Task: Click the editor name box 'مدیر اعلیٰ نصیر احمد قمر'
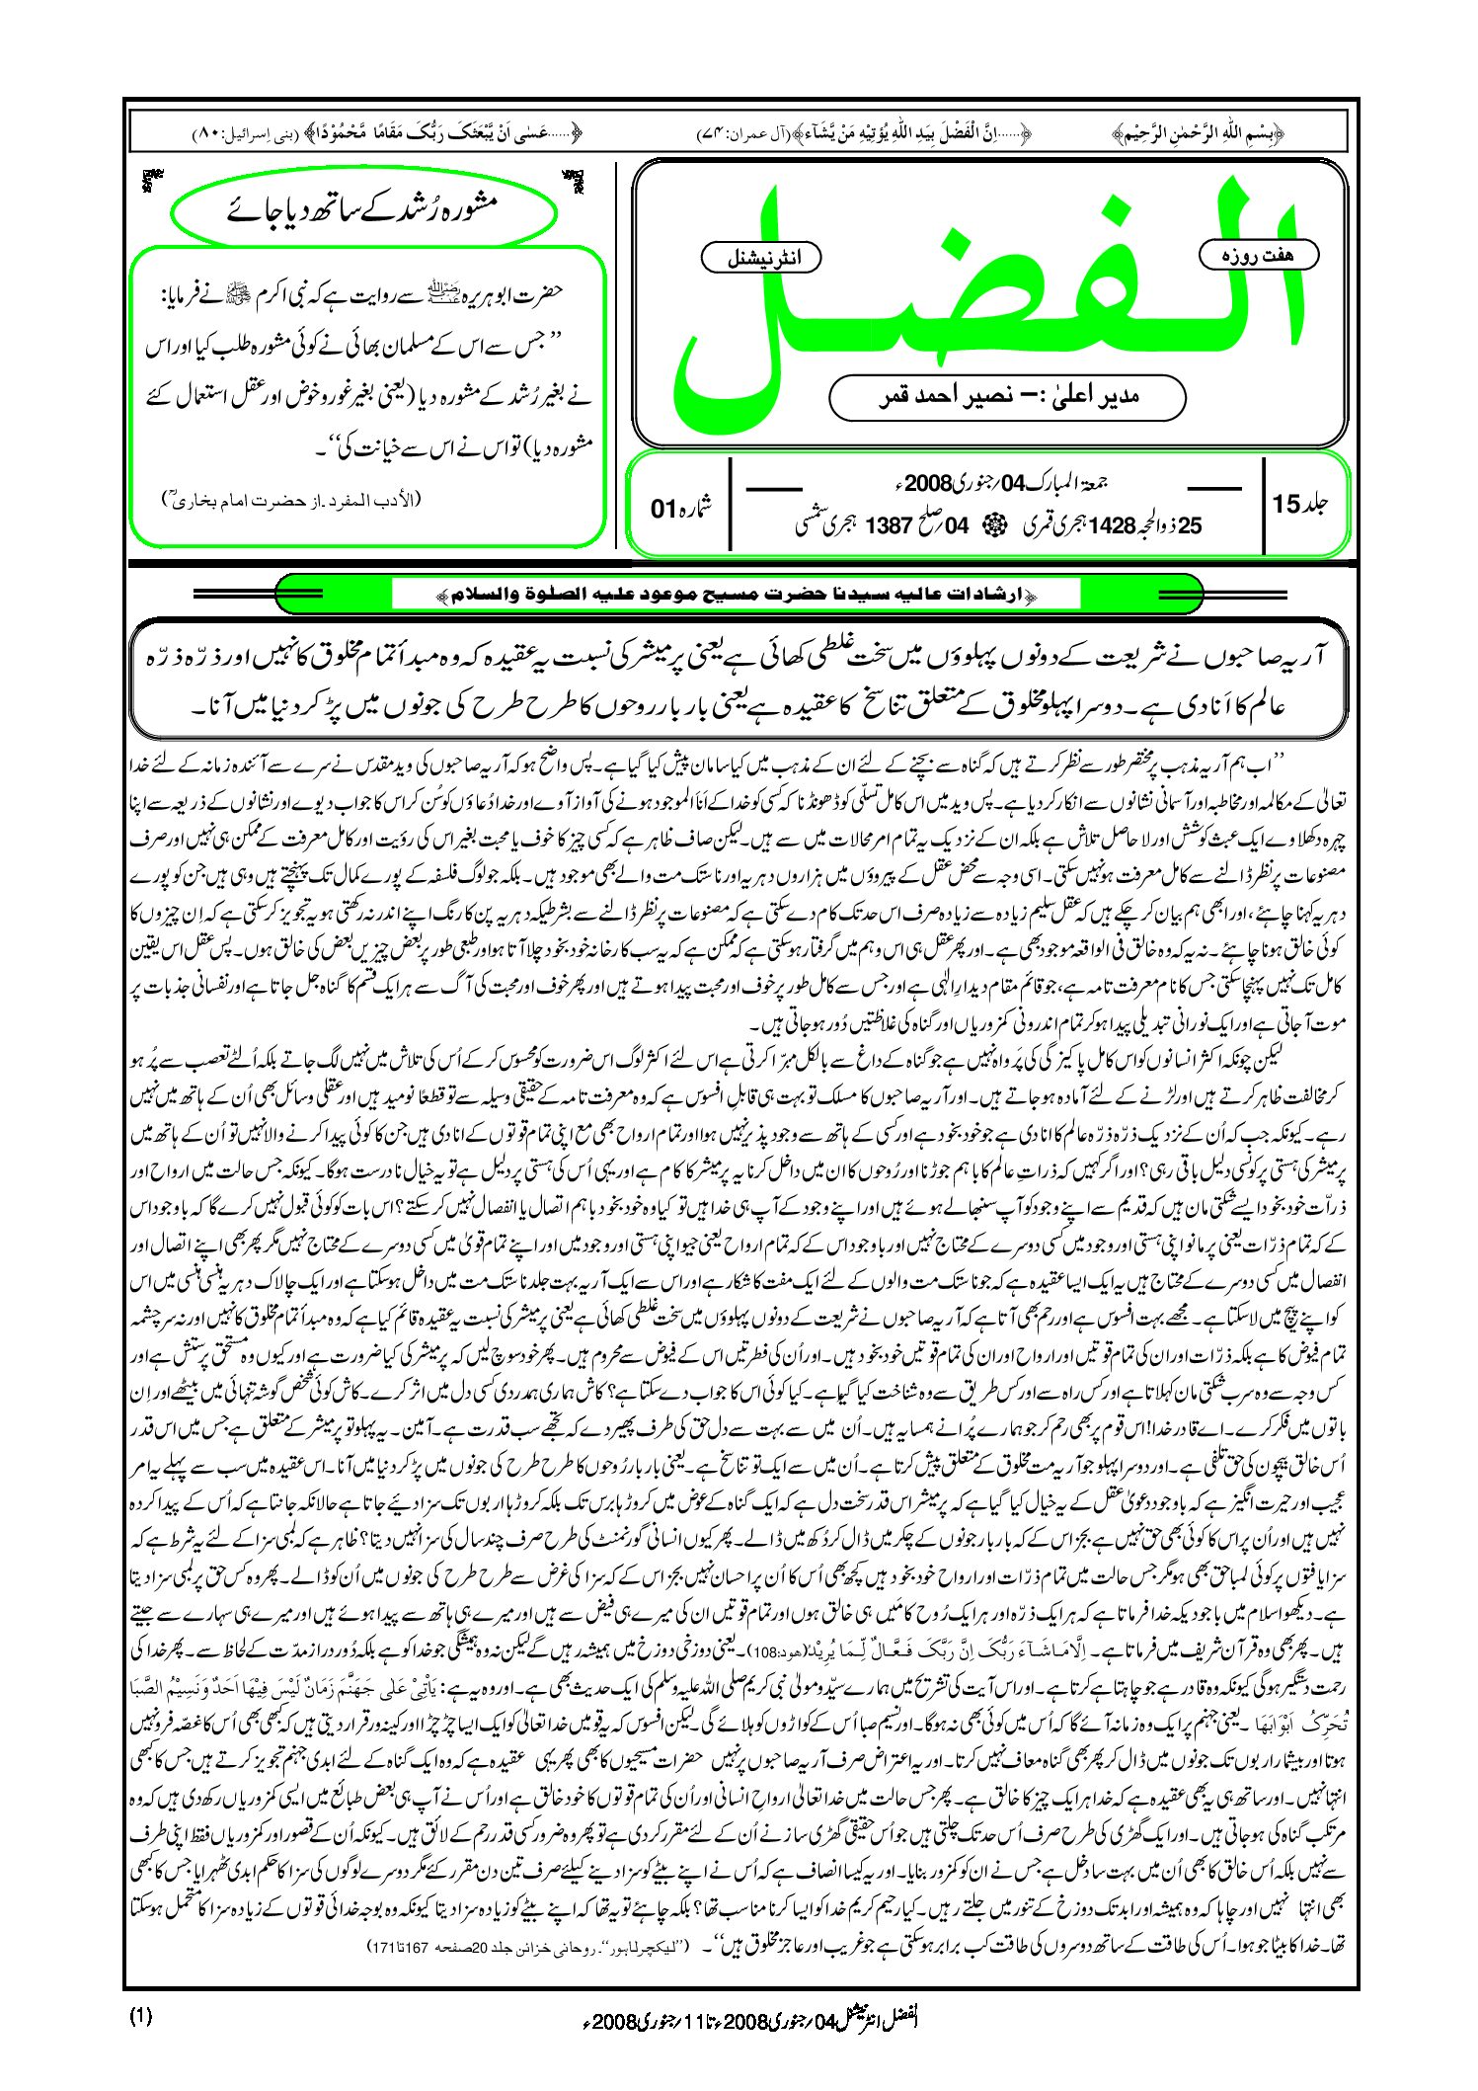tap(1007, 397)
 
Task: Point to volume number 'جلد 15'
tap(1300, 504)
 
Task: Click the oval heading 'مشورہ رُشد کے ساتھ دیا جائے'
tap(363, 208)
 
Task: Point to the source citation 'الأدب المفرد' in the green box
tap(292, 501)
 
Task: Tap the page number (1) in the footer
tap(141, 2017)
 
